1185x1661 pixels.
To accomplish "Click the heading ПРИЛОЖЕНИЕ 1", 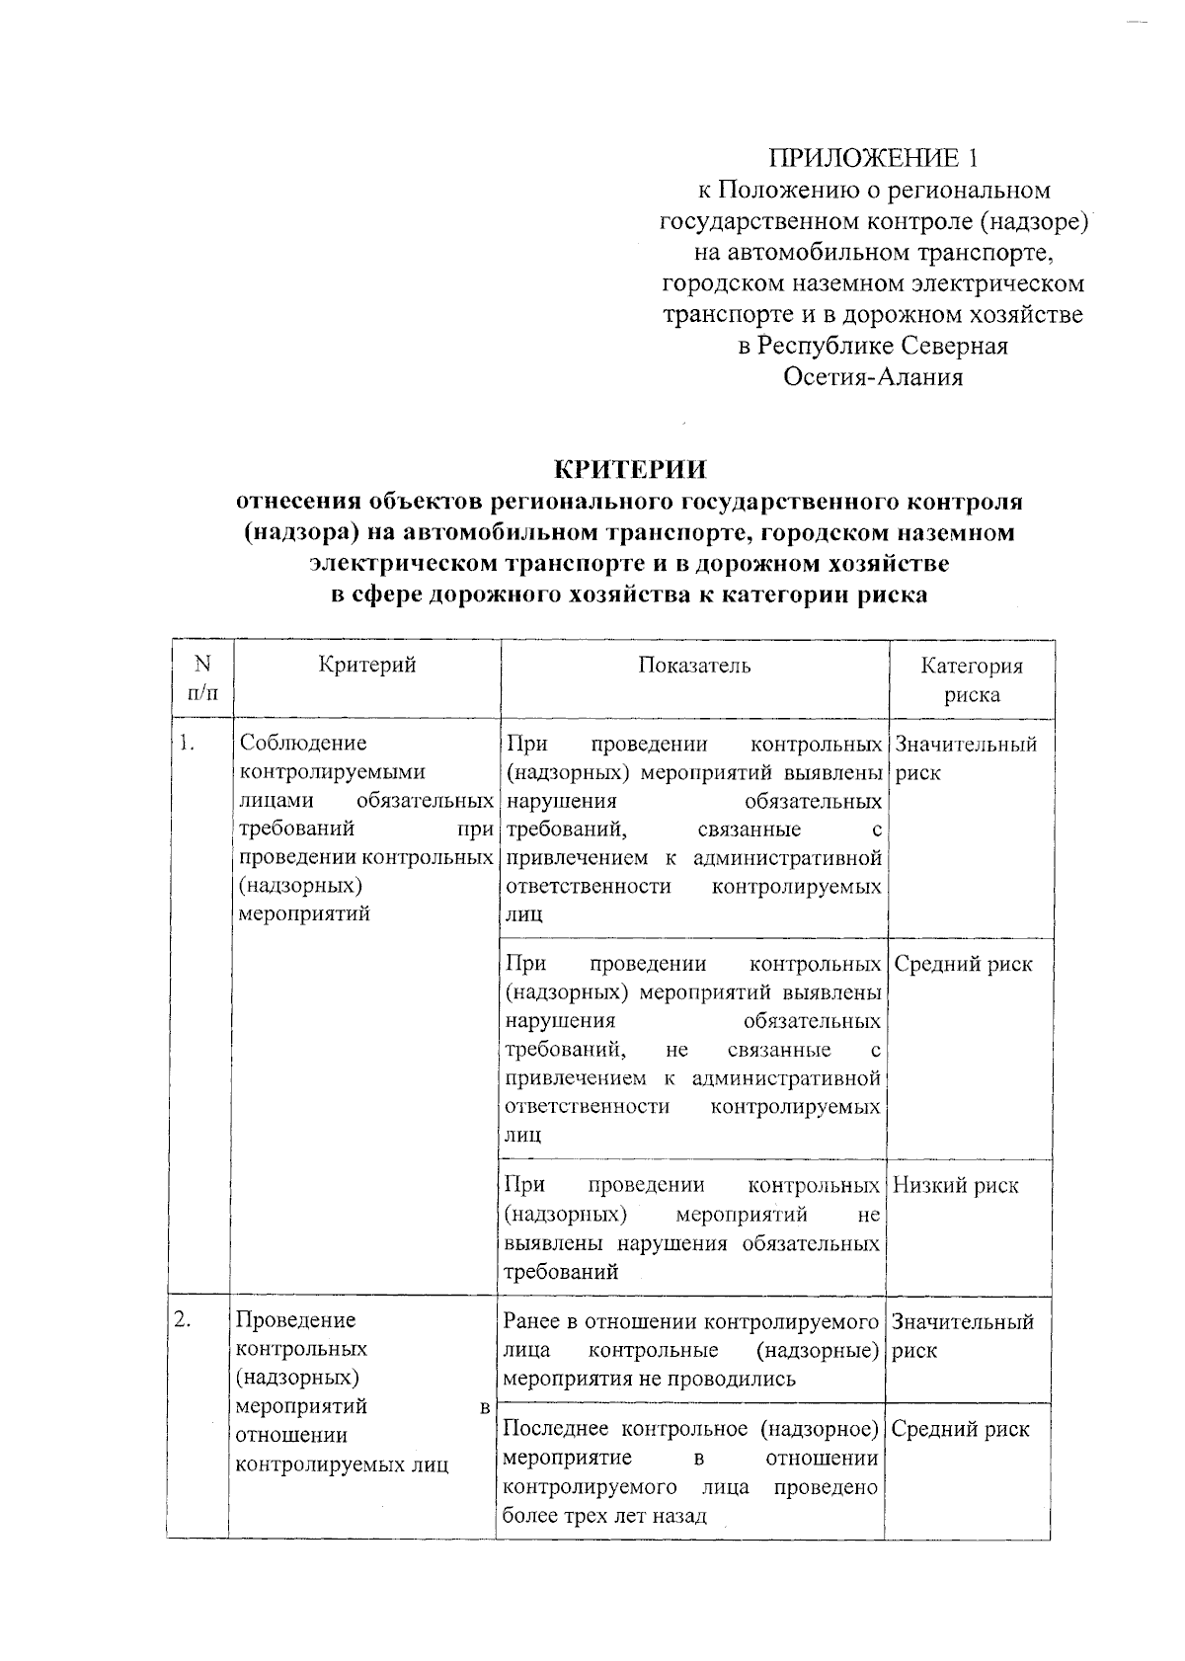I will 873,158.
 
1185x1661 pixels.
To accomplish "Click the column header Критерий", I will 367,666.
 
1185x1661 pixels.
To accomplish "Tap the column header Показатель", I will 694,666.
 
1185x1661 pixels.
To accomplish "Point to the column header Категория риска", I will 972,679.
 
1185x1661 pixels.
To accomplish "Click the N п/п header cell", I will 201,678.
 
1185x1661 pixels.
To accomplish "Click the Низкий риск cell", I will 955,1186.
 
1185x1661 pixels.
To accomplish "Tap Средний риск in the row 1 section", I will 963,965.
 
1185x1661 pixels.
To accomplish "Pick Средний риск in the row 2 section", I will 960,1429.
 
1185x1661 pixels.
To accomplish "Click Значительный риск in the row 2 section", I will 962,1335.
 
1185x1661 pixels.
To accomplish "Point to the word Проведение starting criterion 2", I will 296,1320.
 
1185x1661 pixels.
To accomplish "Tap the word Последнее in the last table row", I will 556,1429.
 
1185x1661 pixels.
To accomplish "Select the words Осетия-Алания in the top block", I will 873,377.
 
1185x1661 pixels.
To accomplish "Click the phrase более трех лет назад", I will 604,1516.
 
